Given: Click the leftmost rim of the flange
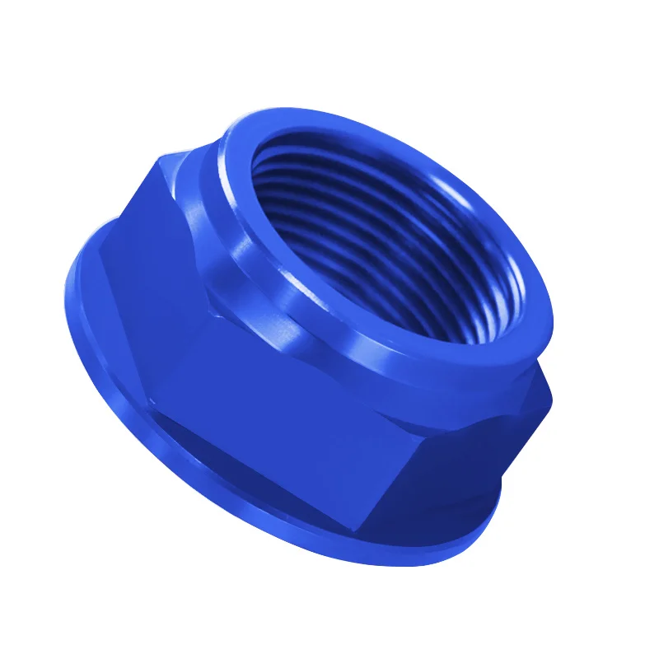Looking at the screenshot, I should pos(66,288).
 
